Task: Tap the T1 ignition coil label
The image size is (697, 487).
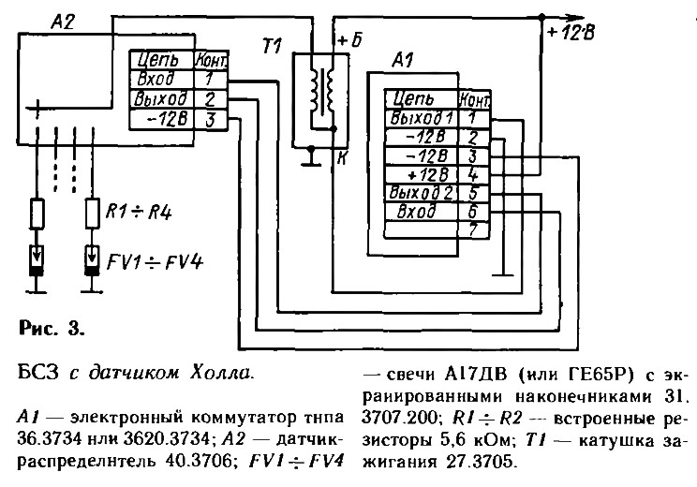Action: click(x=271, y=48)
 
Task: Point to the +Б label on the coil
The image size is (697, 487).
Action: click(x=348, y=41)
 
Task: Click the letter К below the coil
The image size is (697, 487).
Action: click(x=342, y=158)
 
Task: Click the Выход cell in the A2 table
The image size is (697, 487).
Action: click(x=161, y=98)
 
